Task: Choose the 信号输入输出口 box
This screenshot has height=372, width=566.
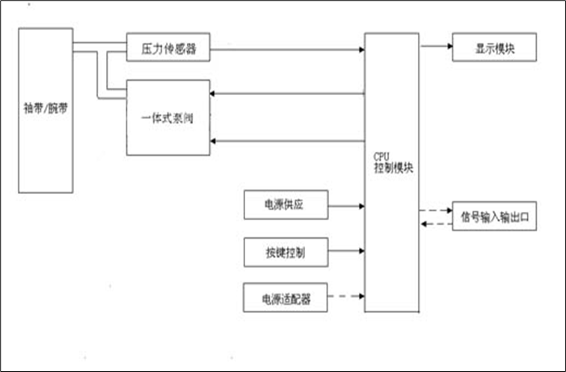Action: (x=494, y=216)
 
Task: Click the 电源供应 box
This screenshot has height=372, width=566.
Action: (x=286, y=204)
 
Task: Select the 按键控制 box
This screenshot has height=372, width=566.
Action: (x=286, y=252)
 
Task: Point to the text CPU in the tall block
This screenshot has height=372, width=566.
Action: (x=381, y=158)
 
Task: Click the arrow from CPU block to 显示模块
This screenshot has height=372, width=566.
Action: (x=436, y=46)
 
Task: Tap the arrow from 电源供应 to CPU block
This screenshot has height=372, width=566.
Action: (x=346, y=204)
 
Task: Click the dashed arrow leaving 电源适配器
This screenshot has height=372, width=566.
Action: (x=346, y=298)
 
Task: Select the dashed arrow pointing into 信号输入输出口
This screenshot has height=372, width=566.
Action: (x=436, y=210)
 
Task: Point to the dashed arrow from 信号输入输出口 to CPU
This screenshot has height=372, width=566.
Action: (x=436, y=224)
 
